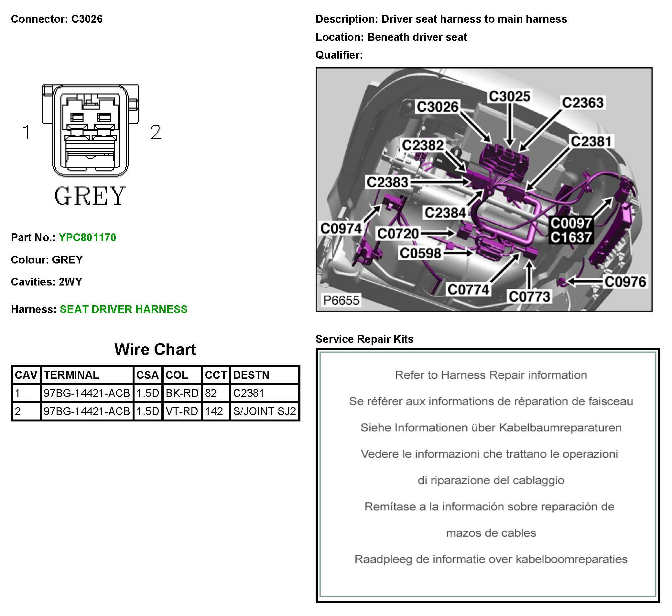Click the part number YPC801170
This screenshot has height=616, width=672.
coord(87,237)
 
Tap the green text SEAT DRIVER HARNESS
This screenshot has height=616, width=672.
coord(123,309)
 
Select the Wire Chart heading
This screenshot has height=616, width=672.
coord(155,349)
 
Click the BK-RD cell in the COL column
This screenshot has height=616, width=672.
coord(182,393)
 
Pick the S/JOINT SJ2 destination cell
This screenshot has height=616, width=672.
coord(264,411)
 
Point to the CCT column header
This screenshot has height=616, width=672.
coord(216,375)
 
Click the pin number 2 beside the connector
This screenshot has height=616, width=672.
coord(156,132)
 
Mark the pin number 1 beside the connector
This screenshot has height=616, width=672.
coord(26,132)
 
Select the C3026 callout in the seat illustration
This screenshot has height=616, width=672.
coord(437,107)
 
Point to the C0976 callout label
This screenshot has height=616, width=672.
coord(625,282)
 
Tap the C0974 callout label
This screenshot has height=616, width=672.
coord(341,229)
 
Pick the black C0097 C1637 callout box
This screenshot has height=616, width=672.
coord(571,230)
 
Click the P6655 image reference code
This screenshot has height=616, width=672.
coord(341,300)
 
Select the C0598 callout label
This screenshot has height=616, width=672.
coord(420,253)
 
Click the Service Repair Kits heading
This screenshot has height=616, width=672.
coord(364,339)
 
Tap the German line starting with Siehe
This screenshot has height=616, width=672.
coord(491,428)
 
